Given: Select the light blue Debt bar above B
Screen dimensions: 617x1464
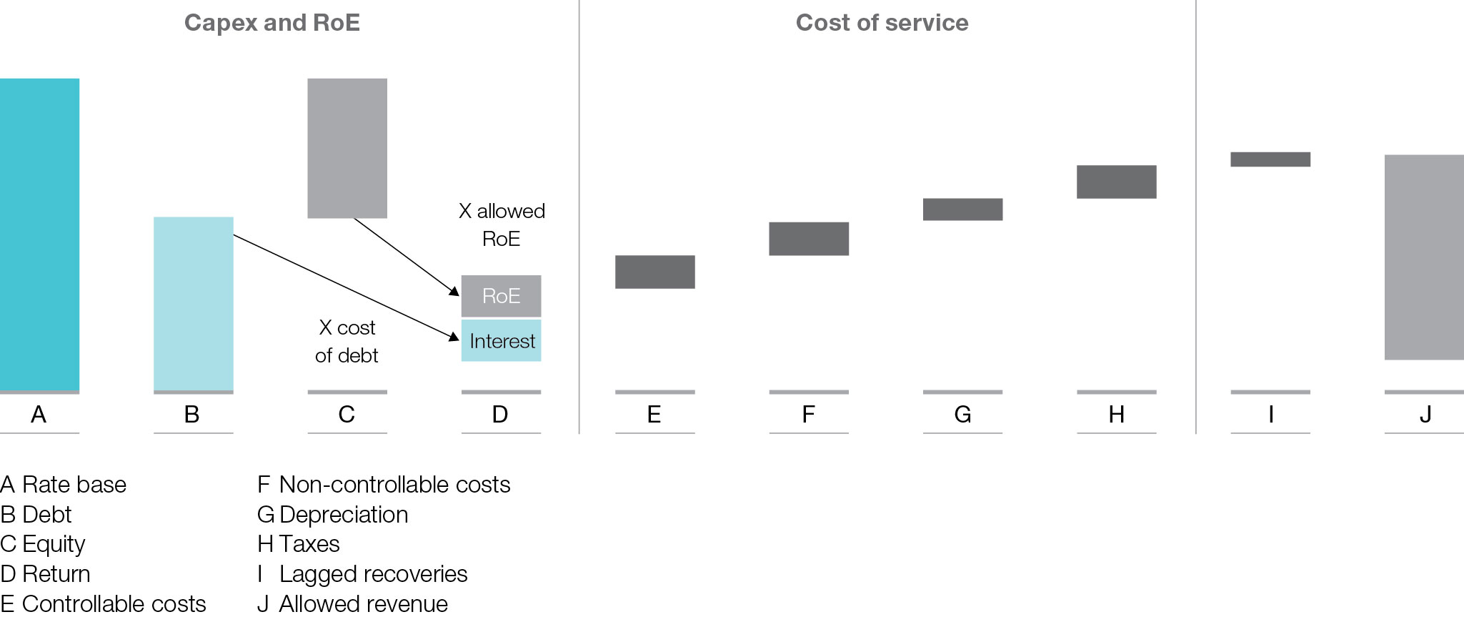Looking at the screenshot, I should pos(193,303).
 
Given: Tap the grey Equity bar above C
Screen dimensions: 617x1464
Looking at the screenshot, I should pos(347,148).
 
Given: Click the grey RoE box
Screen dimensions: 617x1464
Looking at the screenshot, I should pos(501,296).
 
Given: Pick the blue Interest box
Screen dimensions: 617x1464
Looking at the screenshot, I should pos(501,341).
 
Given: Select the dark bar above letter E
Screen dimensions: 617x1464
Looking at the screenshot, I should pos(654,272).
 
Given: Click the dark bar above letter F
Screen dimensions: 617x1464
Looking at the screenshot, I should pos(809,239).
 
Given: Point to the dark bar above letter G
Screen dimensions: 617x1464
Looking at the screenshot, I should pos(962,209).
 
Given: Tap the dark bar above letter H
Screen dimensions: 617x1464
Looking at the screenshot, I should pos(1116,182).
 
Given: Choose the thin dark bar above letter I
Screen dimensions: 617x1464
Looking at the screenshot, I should pos(1270,159).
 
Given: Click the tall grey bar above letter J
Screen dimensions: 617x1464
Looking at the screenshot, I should pos(1424,257).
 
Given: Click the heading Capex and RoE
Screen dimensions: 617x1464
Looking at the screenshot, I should pos(272,23).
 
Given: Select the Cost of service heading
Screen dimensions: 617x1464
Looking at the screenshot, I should pos(882,23).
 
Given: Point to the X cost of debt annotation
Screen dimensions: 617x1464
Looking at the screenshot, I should pos(347,342).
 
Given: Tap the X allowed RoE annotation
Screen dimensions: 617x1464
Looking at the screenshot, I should pos(502,224).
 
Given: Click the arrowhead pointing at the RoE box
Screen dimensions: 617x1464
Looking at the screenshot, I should pos(454,292).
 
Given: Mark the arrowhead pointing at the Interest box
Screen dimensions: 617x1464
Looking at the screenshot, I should pos(454,337).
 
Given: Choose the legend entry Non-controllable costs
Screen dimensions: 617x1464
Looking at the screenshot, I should pos(384,485).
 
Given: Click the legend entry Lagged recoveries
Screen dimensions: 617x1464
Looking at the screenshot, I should pos(363,574).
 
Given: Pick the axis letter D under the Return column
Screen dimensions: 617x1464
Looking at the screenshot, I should pos(500,415).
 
